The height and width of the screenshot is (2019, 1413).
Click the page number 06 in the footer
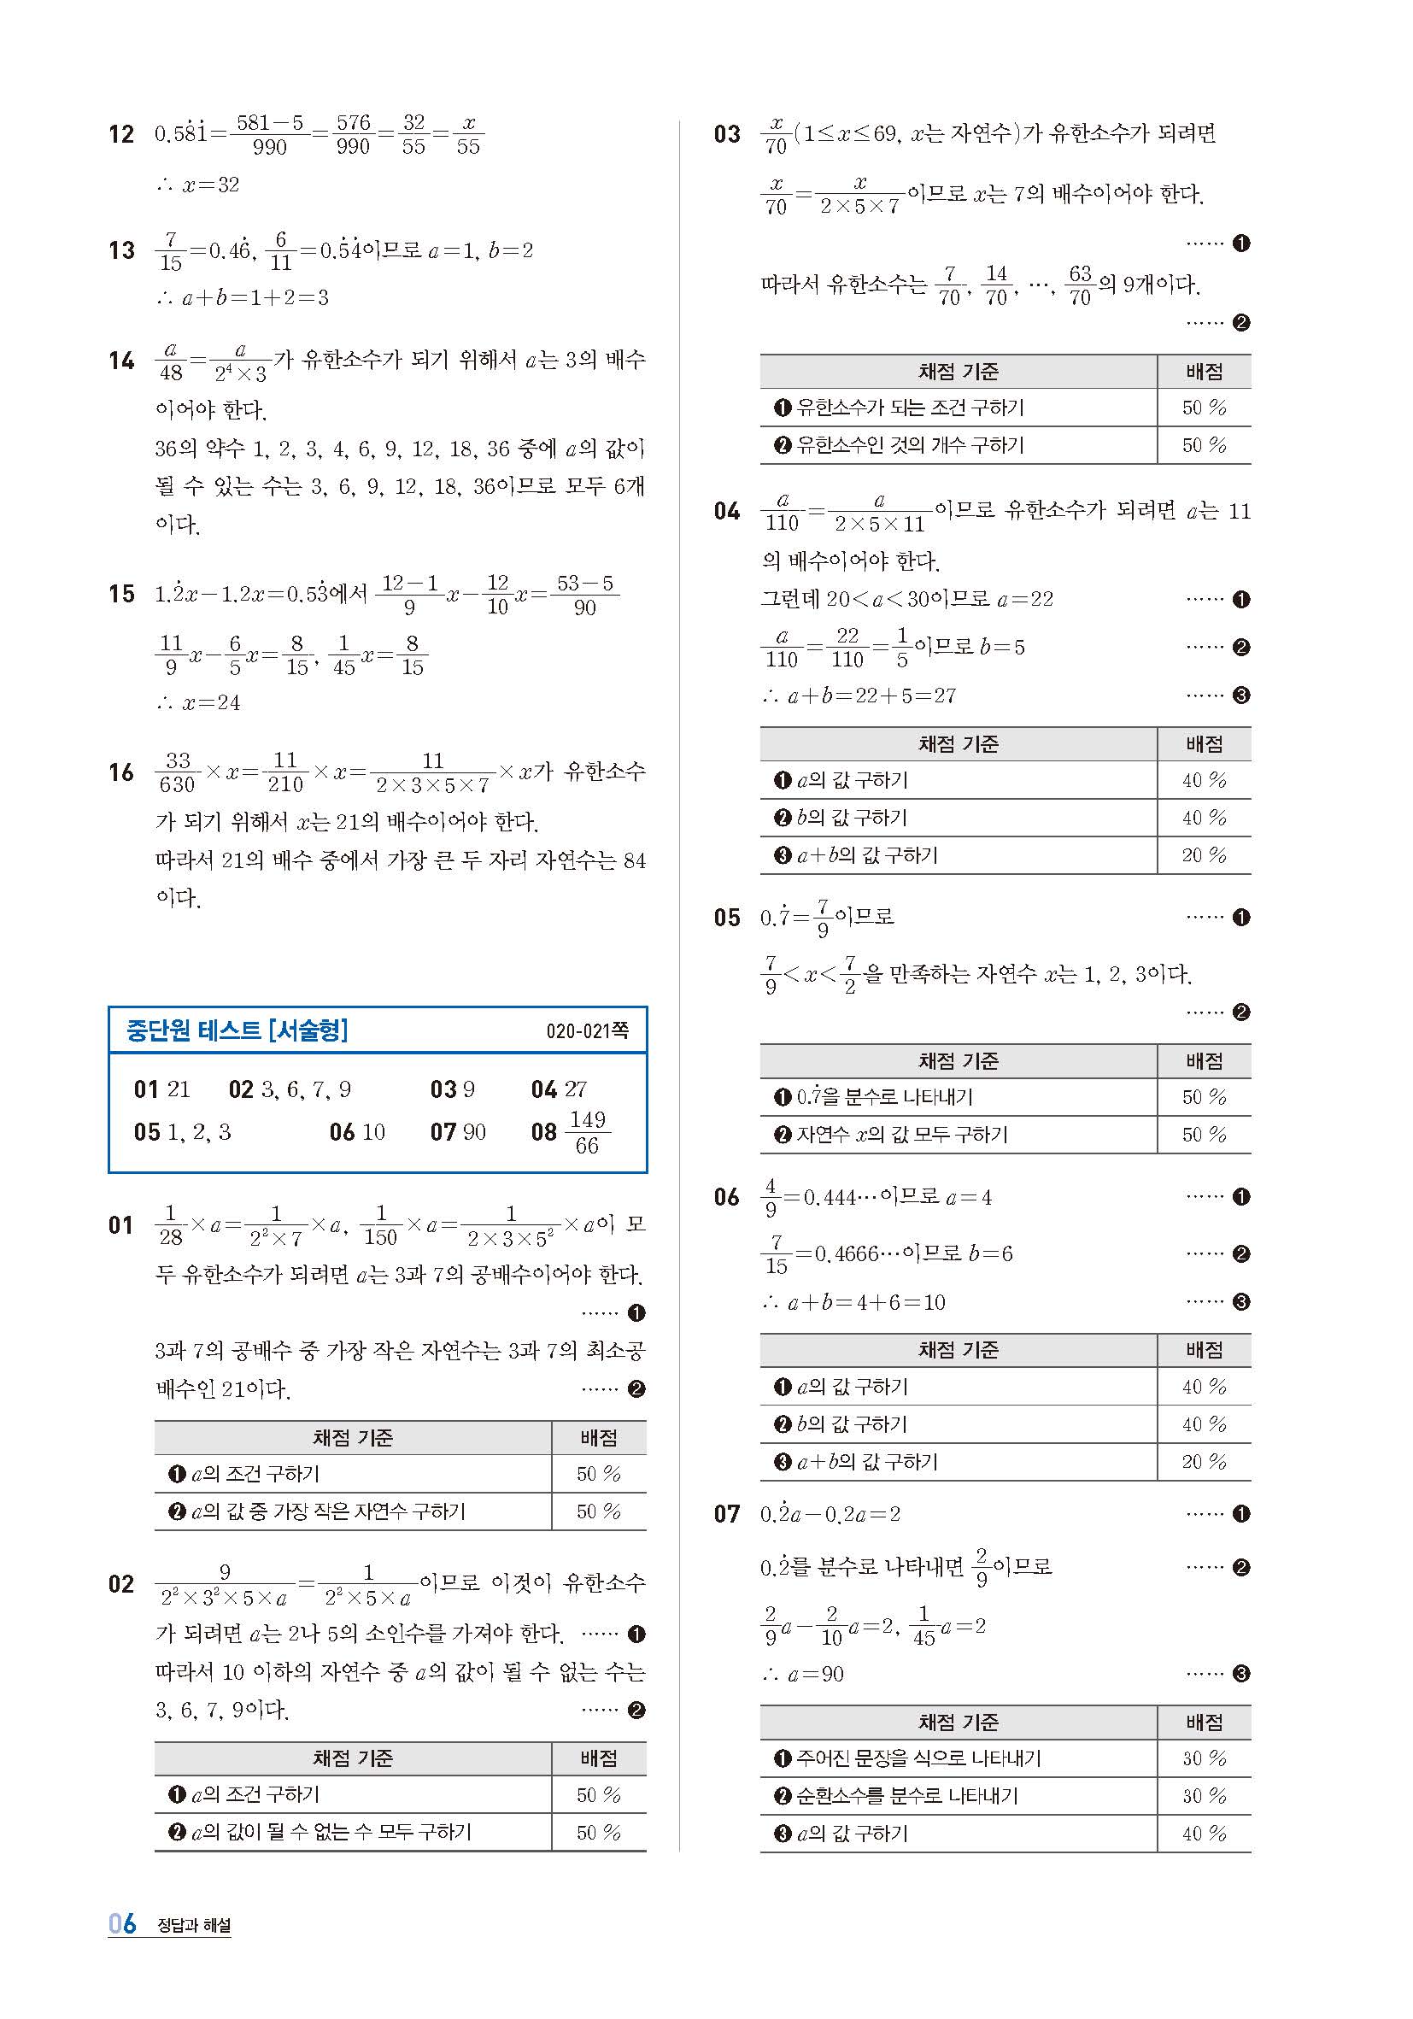point(122,1923)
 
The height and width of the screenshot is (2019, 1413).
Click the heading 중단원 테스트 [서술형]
point(237,1030)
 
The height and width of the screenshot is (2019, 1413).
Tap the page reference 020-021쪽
point(587,1030)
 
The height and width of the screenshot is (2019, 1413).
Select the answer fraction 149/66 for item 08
point(587,1132)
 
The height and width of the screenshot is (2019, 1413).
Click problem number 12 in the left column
point(121,134)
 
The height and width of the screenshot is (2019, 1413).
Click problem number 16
point(121,772)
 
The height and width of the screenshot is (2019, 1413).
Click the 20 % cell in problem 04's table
point(1203,854)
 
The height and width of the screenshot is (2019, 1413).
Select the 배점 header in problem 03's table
point(1203,372)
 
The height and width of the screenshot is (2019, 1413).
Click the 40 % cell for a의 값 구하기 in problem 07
point(1203,1834)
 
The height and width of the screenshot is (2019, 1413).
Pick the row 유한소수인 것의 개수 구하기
point(909,445)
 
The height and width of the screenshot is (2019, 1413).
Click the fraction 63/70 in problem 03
point(1080,285)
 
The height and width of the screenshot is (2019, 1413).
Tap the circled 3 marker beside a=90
point(1240,1674)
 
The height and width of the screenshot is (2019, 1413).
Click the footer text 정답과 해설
point(193,1925)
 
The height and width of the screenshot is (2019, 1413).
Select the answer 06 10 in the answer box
point(357,1132)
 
